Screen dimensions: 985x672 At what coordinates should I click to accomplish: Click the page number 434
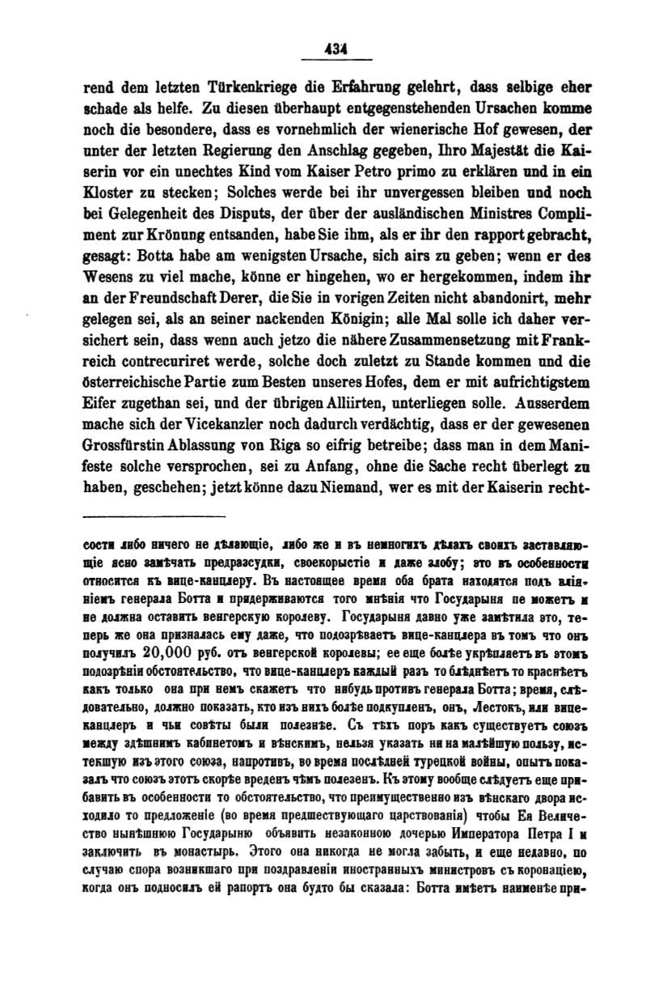pos(335,49)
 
